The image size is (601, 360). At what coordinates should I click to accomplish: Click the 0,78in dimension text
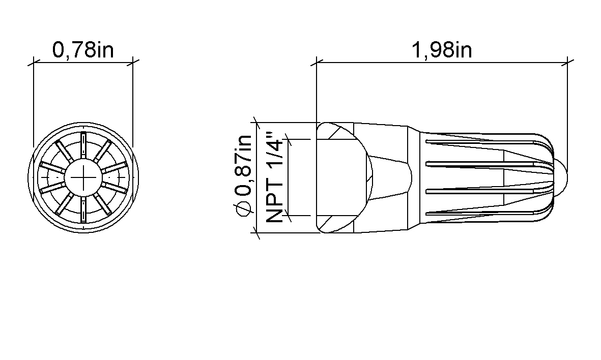[x=83, y=50]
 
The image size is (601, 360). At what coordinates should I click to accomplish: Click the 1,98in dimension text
[x=442, y=50]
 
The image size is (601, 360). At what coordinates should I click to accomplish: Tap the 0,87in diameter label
[x=243, y=175]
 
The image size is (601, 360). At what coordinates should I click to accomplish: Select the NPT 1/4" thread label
[x=274, y=177]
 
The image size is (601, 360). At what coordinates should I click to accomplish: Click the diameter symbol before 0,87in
[x=243, y=209]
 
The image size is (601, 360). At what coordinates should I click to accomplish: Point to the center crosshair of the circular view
[x=83, y=177]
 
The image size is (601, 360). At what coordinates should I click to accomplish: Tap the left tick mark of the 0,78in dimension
[x=34, y=62]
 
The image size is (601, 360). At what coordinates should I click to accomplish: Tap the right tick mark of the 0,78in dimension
[x=133, y=62]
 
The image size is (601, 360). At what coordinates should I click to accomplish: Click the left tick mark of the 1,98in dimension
[x=317, y=62]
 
